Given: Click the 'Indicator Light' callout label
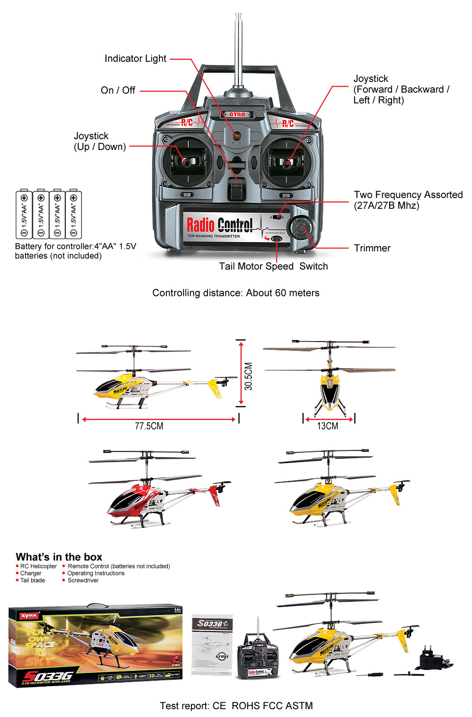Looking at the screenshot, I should click(x=135, y=59).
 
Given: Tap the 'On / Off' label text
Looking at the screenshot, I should click(x=118, y=91).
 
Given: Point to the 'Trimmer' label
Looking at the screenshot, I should click(x=372, y=248).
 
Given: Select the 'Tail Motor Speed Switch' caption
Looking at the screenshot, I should click(x=273, y=267).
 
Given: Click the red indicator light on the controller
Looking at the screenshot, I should click(x=236, y=135).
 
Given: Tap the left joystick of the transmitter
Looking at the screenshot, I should click(x=187, y=161).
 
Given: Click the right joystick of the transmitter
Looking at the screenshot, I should click(x=286, y=162).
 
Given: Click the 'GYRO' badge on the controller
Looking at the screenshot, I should click(x=237, y=115).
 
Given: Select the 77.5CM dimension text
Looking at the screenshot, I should click(x=149, y=426).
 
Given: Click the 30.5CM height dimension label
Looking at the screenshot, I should click(x=249, y=376).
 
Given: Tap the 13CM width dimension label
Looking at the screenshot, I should click(x=327, y=426).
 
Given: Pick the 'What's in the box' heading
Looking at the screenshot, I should click(x=59, y=557).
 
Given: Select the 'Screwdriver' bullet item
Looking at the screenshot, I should click(x=83, y=581).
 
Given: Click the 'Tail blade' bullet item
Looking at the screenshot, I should click(x=32, y=581).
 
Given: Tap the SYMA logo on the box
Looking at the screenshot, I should click(x=29, y=616).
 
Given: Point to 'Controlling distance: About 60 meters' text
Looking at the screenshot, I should click(x=236, y=293).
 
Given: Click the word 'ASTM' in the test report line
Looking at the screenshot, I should click(x=299, y=706).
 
